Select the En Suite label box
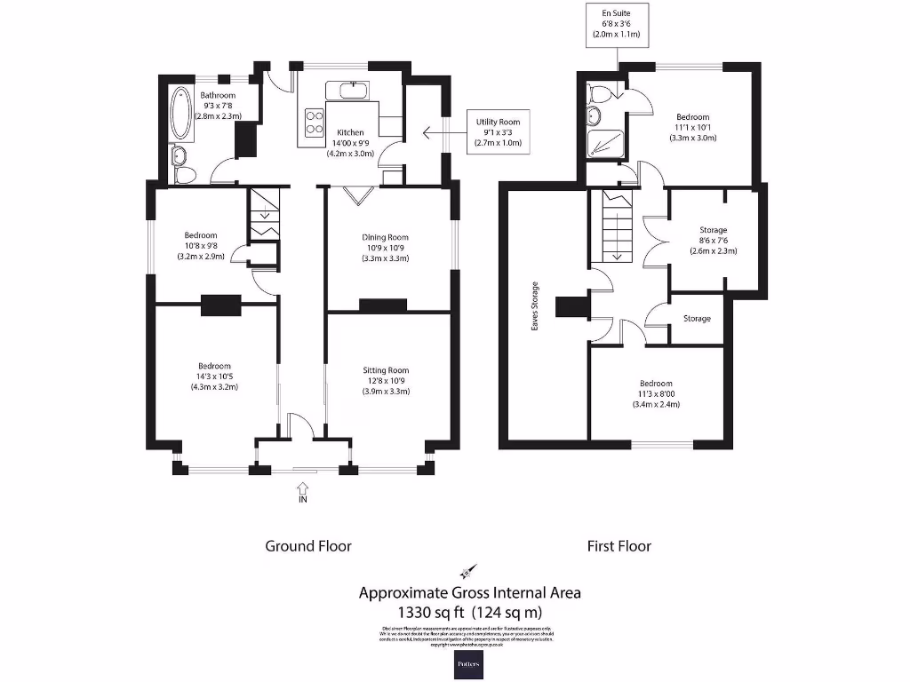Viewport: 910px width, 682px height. tap(616, 24)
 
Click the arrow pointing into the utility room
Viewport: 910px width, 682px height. tap(441, 133)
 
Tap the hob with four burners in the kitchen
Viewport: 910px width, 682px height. tap(314, 121)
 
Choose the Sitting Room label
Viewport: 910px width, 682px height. tap(386, 381)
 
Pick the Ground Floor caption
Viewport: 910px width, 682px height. tap(308, 546)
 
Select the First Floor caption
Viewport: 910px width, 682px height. tap(619, 546)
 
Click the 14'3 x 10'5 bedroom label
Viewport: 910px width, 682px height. tap(214, 377)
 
